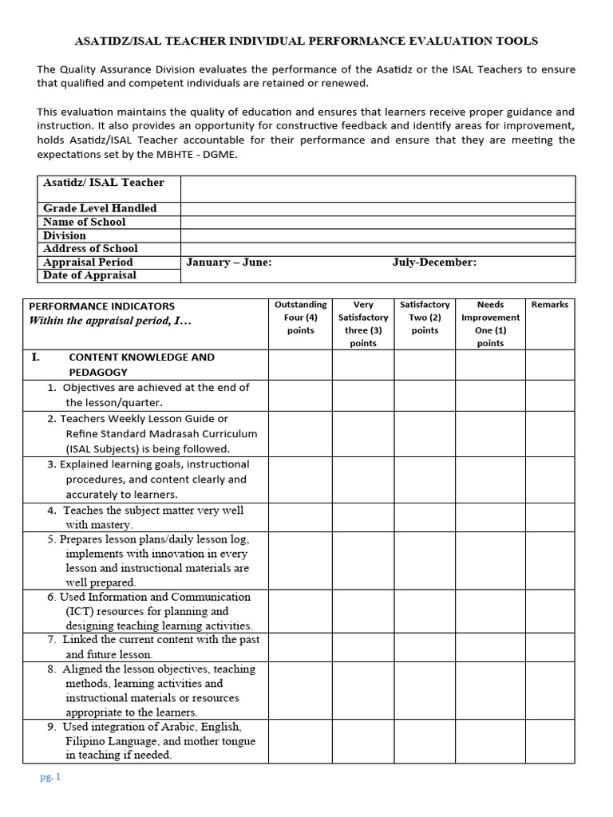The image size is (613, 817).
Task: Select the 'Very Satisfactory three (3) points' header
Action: point(363,323)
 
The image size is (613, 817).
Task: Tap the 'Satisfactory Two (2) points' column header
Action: point(425,317)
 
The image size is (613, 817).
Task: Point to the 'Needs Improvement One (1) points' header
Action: point(490,323)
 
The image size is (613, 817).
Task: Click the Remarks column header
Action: point(550,305)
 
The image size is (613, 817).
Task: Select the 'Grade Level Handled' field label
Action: point(100,208)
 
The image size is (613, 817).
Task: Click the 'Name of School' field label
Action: point(85,222)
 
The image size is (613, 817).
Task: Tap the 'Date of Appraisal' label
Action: point(89,275)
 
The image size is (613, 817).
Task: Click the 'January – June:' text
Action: point(229,262)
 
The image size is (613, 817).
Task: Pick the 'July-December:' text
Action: point(434,262)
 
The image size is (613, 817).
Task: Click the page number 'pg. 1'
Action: point(49,776)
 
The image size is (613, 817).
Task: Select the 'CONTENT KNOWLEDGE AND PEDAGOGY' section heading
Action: point(141,365)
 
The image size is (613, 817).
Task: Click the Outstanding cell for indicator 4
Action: point(300,517)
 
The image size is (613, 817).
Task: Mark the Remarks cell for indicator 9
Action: point(550,741)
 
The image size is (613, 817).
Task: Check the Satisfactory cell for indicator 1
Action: point(425,395)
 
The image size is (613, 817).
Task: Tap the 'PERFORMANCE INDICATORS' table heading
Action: point(101,306)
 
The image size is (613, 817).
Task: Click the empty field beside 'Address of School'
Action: point(378,249)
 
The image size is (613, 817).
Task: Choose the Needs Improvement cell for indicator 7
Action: point(490,647)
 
